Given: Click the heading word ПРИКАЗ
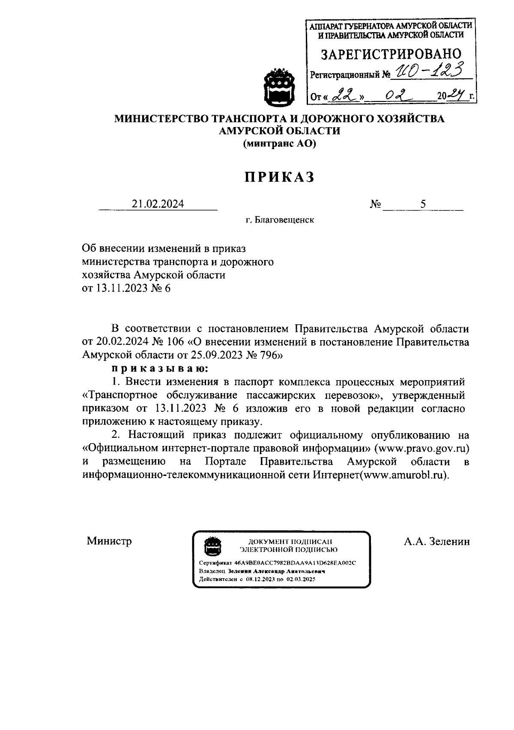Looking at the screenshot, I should click(279, 177).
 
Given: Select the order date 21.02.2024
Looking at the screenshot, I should click(158, 204).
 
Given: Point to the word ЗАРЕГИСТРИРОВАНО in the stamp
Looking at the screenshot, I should click(391, 54).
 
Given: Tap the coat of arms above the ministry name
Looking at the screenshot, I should click(279, 87).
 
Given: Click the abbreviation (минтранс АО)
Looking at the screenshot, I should click(279, 144).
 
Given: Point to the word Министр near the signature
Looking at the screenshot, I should click(109, 541).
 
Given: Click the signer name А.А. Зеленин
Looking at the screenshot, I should click(436, 542).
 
